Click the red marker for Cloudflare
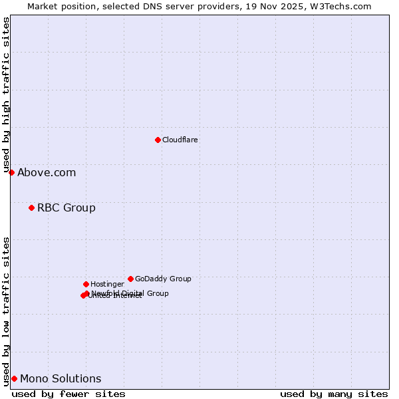point(158,140)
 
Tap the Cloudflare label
point(180,140)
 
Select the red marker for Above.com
point(11,172)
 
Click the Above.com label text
point(47,173)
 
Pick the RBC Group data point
point(31,208)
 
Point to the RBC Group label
point(66,208)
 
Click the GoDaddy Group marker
point(130,279)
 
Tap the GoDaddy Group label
point(163,279)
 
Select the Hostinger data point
point(86,284)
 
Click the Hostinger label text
point(107,284)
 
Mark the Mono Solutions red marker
point(14,378)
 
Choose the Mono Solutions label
point(61,379)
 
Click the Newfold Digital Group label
point(130,293)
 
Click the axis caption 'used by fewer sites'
point(68,394)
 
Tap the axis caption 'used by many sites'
point(334,394)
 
